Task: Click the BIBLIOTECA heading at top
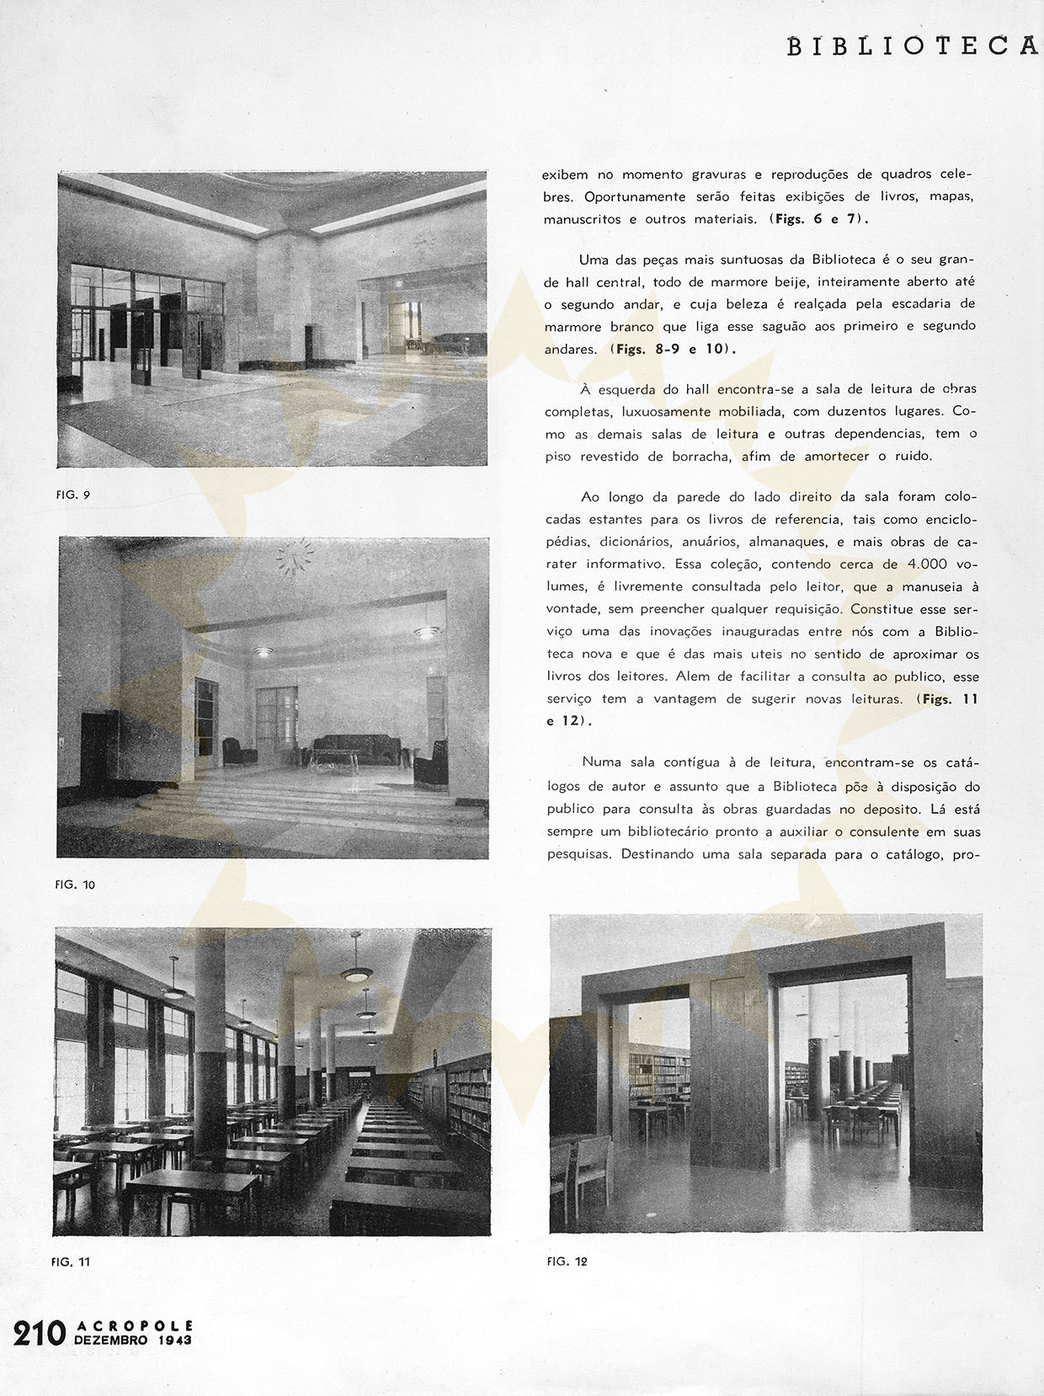click(x=913, y=46)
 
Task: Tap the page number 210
click(x=39, y=1334)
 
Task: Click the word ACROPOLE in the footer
click(x=135, y=1325)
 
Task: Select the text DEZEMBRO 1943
click(x=133, y=1340)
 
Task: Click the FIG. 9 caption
click(x=73, y=495)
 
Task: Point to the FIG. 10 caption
click(x=75, y=885)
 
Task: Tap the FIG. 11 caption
click(x=71, y=1261)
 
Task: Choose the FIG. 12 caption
click(x=567, y=1261)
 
